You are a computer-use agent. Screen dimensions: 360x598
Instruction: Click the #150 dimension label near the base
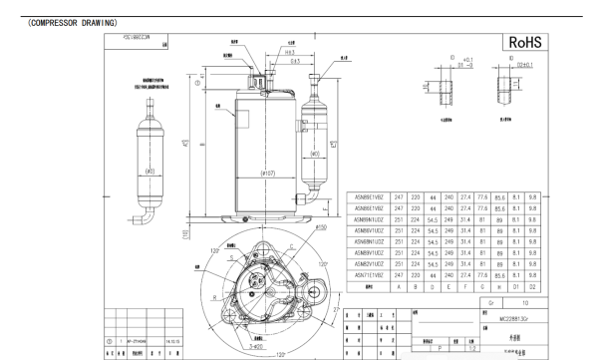point(322,227)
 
